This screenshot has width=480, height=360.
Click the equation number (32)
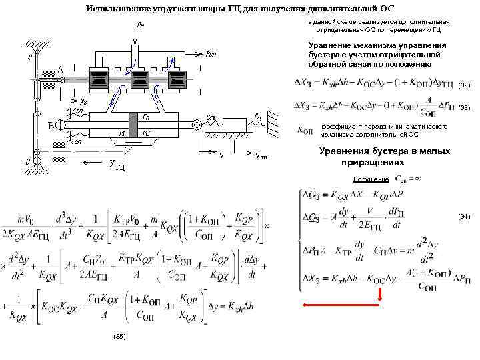click(465, 85)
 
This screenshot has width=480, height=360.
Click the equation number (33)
click(465, 107)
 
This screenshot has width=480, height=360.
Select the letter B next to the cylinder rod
click(51, 125)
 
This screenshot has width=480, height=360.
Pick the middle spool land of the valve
click(139, 79)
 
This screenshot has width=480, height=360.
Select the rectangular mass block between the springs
click(235, 125)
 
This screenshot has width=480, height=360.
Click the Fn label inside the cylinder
click(146, 117)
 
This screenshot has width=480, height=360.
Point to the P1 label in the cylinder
click(122, 133)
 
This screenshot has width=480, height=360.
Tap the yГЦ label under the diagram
click(115, 165)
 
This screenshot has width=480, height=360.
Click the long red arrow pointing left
click(327, 305)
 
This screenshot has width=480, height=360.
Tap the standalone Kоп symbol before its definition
click(307, 131)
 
